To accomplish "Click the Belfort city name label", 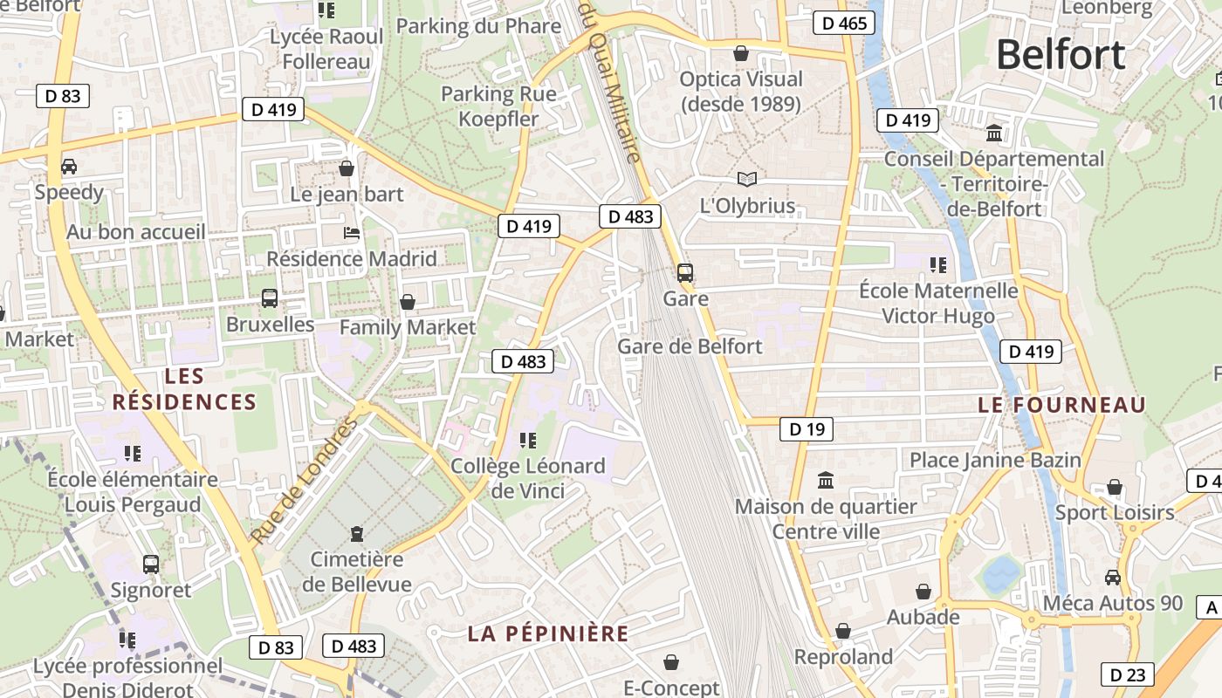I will pyautogui.click(x=1061, y=55).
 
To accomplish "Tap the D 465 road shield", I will pyautogui.click(x=844, y=23).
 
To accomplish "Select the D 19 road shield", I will pyautogui.click(x=806, y=428).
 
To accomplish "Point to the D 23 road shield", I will pyautogui.click(x=1127, y=674).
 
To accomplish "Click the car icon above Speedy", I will pyautogui.click(x=69, y=166).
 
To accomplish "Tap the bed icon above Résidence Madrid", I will pyautogui.click(x=351, y=233).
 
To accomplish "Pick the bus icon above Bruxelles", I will pyautogui.click(x=270, y=298).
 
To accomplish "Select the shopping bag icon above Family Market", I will pyautogui.click(x=407, y=302).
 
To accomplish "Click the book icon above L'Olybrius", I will pyautogui.click(x=747, y=180).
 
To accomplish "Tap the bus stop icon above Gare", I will pyautogui.click(x=685, y=272).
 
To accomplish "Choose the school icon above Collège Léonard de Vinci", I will pyautogui.click(x=527, y=440).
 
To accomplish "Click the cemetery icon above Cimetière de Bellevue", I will pyautogui.click(x=356, y=532).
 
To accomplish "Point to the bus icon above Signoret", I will pyautogui.click(x=151, y=565).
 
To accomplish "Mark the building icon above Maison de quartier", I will pyautogui.click(x=826, y=480).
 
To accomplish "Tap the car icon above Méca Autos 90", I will pyautogui.click(x=1113, y=577).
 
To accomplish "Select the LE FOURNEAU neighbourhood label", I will pyautogui.click(x=1061, y=405).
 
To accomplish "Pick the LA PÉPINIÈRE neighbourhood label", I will pyautogui.click(x=548, y=633).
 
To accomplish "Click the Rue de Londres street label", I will pyautogui.click(x=305, y=481).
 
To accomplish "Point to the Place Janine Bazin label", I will pyautogui.click(x=995, y=460).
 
